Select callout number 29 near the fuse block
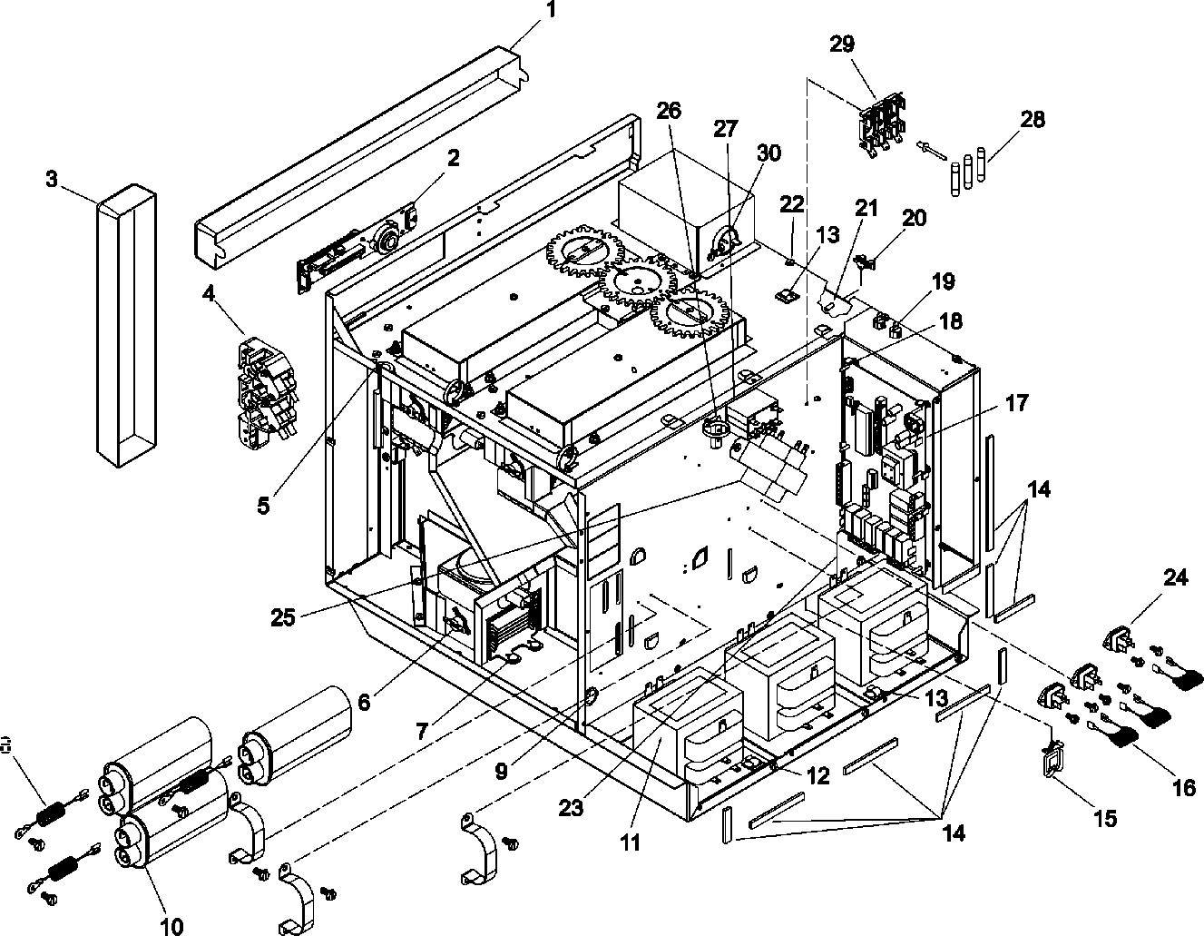(x=841, y=44)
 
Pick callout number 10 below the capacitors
(x=171, y=925)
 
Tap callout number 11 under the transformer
(x=630, y=842)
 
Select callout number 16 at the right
(x=1184, y=786)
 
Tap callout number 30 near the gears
(x=768, y=153)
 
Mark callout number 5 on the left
(x=263, y=506)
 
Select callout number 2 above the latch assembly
(x=453, y=157)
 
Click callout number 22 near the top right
(x=792, y=205)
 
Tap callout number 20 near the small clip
(x=914, y=217)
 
